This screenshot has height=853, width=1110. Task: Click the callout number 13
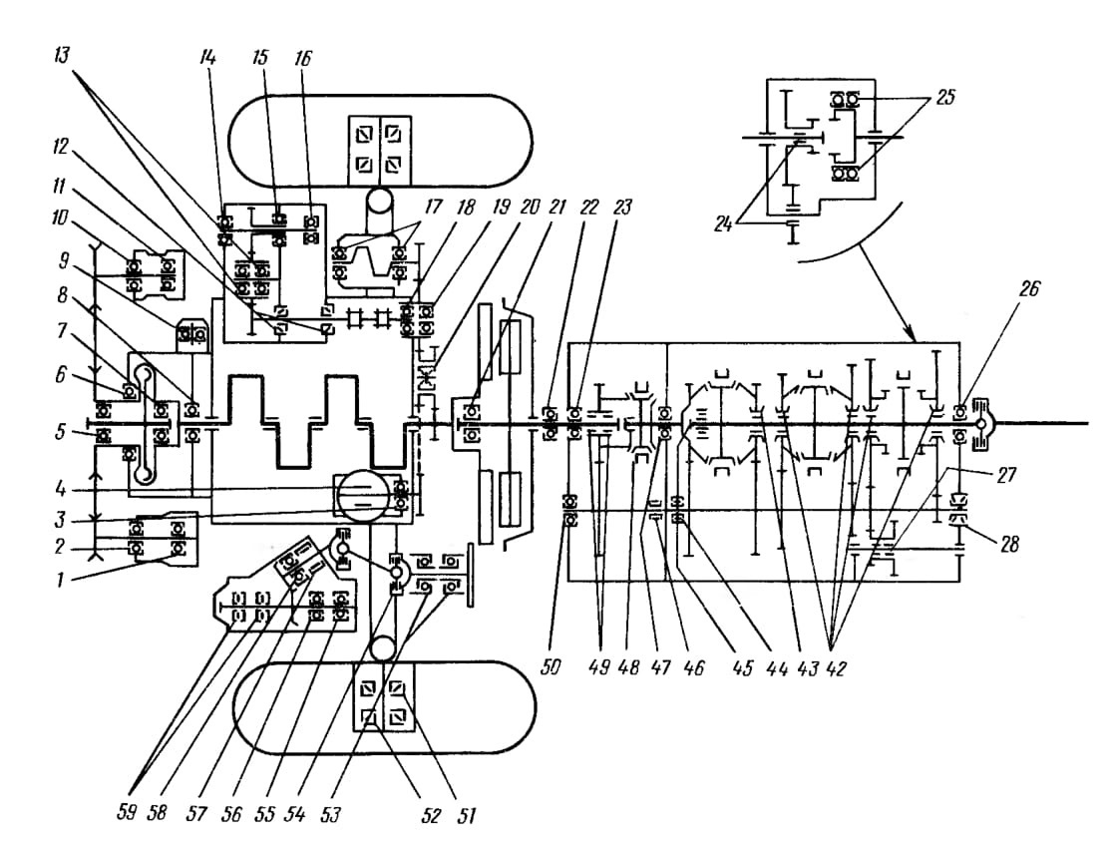tap(62, 55)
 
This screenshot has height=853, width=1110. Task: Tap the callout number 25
tap(945, 97)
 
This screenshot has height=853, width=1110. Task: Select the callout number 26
tap(1029, 288)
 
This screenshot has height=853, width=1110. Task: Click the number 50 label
tap(551, 666)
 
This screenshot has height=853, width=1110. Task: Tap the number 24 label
tap(723, 226)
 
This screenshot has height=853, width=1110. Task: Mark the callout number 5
tap(62, 431)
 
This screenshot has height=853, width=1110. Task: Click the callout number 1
tap(60, 580)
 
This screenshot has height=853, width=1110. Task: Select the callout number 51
tap(465, 815)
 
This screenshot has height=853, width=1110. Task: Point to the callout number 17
tap(433, 207)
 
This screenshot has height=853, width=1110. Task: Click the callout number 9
tap(64, 261)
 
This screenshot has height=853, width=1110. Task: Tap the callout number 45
tap(743, 667)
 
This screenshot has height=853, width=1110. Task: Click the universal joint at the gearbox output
tap(981, 423)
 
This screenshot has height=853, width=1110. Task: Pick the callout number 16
tap(302, 57)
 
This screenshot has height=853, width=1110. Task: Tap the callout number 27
tap(1006, 474)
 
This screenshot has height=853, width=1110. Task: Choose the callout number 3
tap(60, 520)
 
